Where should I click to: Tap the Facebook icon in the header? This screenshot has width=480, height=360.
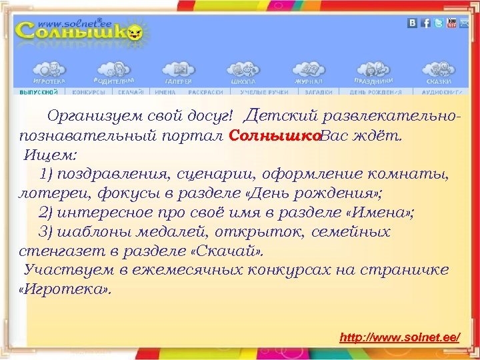point(425,23)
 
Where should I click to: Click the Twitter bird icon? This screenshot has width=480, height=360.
point(438,23)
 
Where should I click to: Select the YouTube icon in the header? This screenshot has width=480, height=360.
point(451,23)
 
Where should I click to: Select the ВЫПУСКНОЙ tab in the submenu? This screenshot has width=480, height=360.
point(39,92)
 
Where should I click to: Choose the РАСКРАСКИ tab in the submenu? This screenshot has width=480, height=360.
point(205,92)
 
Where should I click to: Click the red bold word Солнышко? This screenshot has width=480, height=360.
point(275,136)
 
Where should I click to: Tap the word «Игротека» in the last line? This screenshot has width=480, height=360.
point(65,290)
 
